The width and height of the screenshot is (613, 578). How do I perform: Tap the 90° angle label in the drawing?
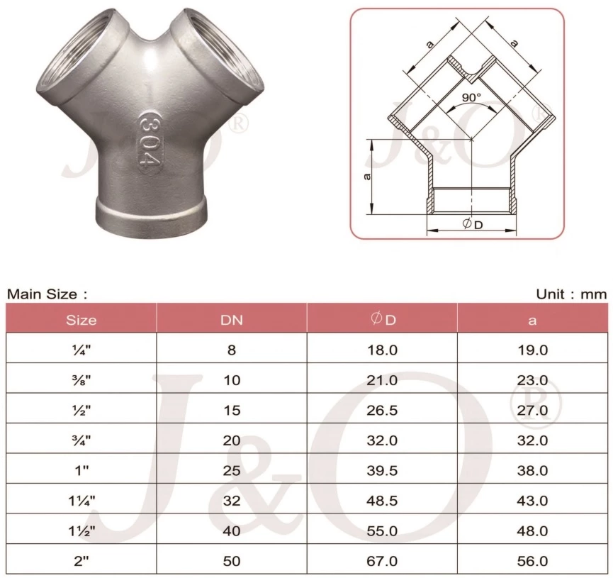[471, 96]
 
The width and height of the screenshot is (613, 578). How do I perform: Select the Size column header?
[81, 319]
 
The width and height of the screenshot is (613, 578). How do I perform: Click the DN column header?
[232, 319]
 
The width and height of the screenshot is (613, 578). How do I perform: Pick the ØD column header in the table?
[383, 319]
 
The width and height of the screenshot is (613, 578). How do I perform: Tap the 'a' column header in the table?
[533, 320]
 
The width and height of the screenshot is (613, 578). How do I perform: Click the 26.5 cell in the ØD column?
[383, 411]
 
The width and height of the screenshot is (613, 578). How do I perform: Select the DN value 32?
[232, 501]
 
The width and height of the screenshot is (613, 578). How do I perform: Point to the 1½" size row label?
[81, 531]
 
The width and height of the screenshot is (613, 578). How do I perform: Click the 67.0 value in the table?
[383, 561]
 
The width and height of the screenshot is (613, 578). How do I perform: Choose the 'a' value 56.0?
[533, 561]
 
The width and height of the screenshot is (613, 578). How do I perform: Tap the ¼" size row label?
[81, 350]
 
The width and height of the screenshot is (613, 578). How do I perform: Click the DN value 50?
[232, 561]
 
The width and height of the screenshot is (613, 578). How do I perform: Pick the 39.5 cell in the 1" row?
[383, 471]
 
